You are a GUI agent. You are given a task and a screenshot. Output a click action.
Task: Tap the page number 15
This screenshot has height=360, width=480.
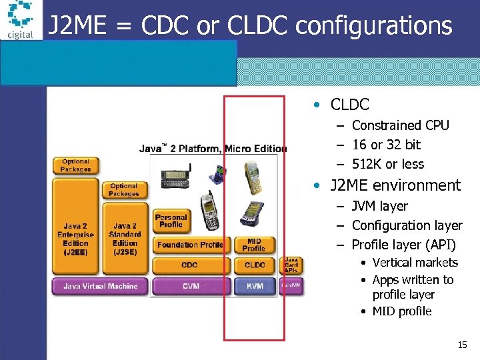(462, 345)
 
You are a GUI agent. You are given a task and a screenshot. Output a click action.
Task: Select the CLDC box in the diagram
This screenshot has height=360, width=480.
(255, 265)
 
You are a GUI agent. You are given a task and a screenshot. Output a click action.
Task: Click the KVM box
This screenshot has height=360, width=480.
(255, 286)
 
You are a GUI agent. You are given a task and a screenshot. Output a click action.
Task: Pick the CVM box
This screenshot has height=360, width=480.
(190, 286)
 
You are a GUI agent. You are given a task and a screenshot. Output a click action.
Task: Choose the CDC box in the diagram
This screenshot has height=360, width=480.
(189, 265)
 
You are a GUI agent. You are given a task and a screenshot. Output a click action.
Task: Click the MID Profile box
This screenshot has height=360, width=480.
(254, 245)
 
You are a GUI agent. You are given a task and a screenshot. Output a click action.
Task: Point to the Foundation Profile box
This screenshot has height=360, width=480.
(190, 245)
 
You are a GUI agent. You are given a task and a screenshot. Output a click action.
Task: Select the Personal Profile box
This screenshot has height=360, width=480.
(171, 221)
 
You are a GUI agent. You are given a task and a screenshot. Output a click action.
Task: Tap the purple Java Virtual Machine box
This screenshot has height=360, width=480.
(100, 286)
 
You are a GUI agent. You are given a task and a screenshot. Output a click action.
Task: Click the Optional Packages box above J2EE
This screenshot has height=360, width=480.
(75, 165)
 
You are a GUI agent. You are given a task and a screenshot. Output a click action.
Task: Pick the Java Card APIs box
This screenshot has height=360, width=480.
(292, 265)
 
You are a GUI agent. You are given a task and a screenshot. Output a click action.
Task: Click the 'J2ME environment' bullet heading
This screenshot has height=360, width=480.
(395, 185)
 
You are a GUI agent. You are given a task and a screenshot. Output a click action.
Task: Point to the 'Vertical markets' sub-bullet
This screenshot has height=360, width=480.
(415, 263)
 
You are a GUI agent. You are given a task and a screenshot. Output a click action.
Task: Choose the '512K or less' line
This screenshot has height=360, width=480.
(387, 164)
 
